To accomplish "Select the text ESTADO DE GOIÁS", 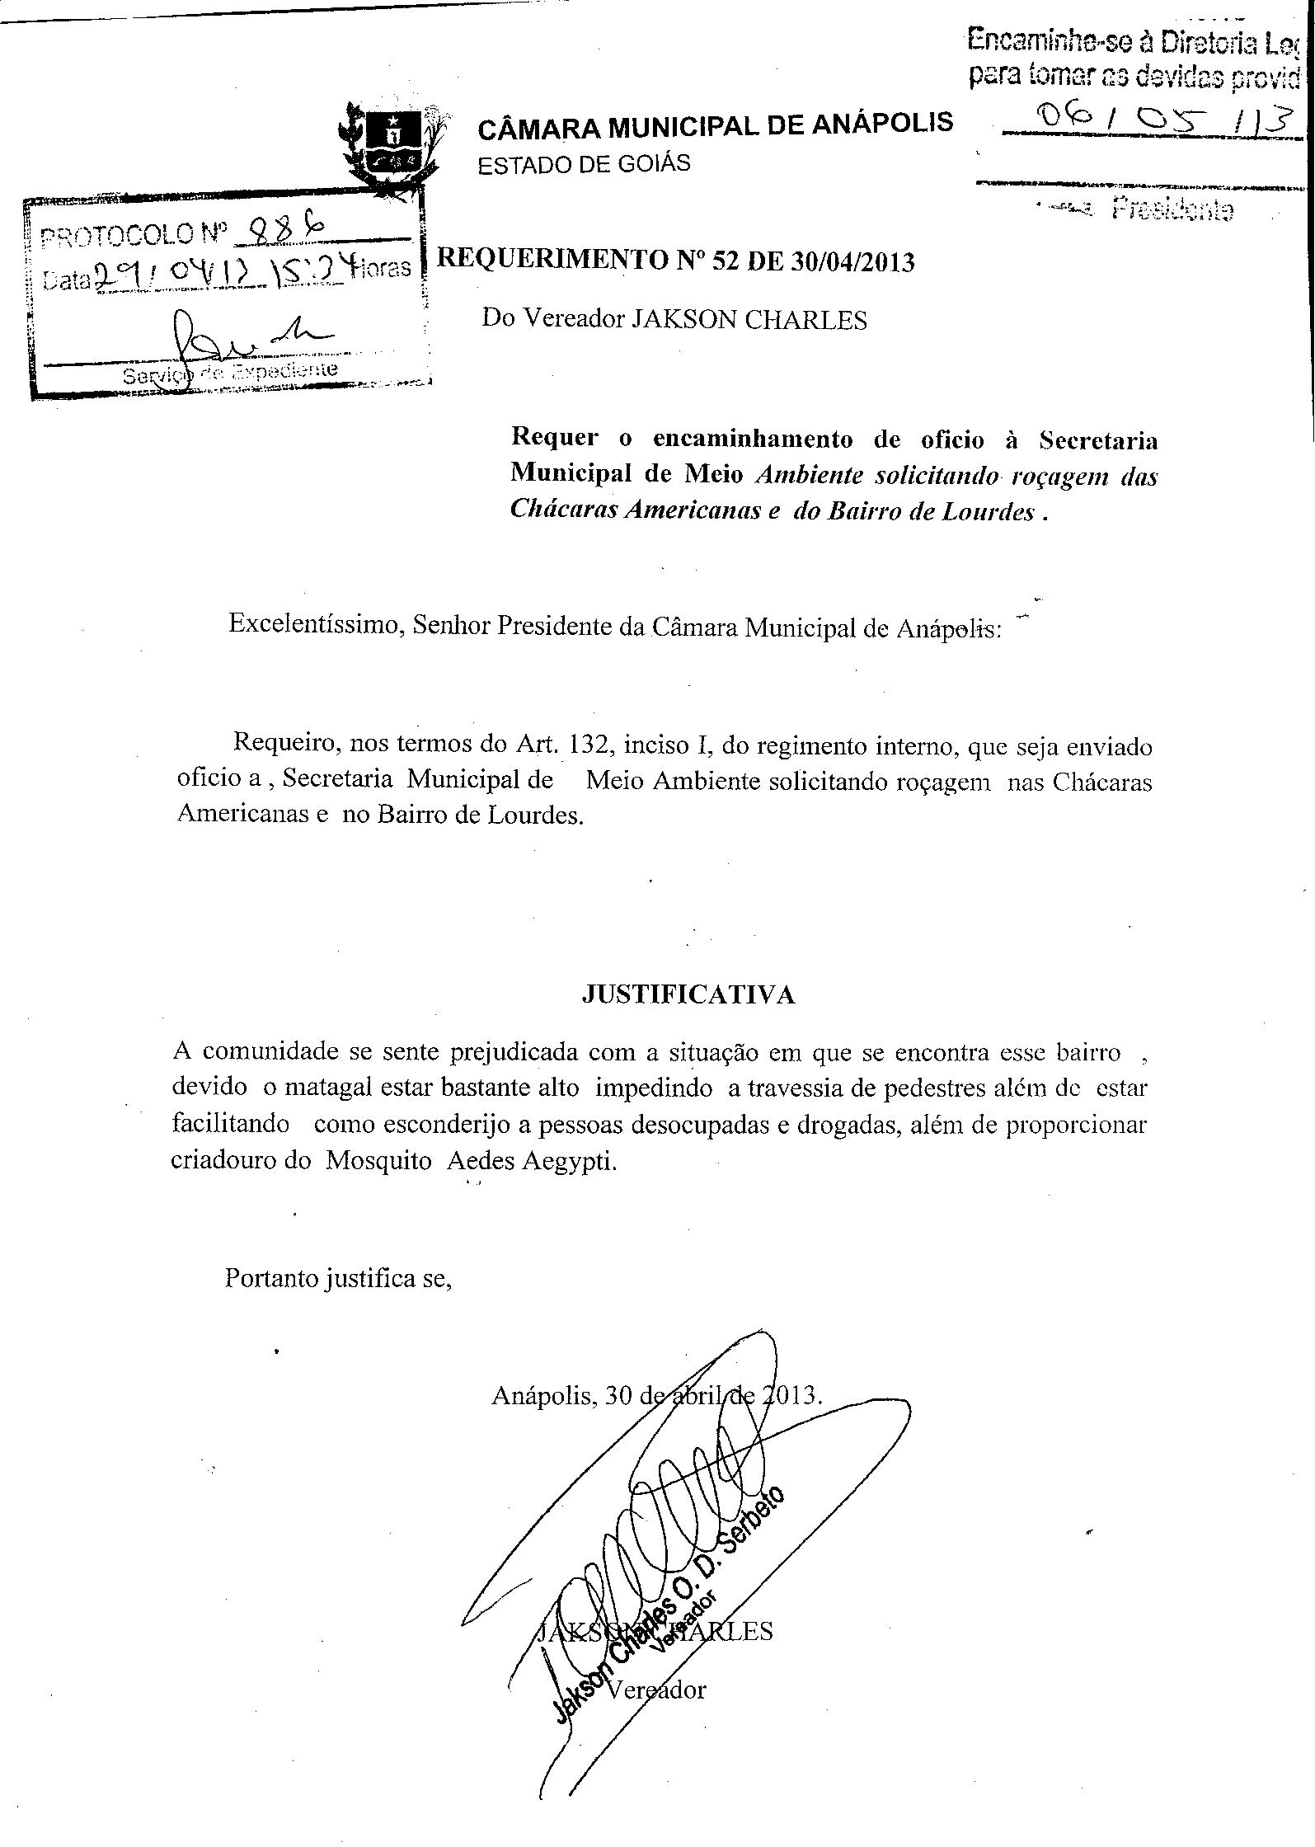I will pyautogui.click(x=585, y=162).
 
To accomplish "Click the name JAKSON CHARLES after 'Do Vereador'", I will pyautogui.click(x=749, y=320).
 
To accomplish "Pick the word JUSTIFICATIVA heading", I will pyautogui.click(x=688, y=994).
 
